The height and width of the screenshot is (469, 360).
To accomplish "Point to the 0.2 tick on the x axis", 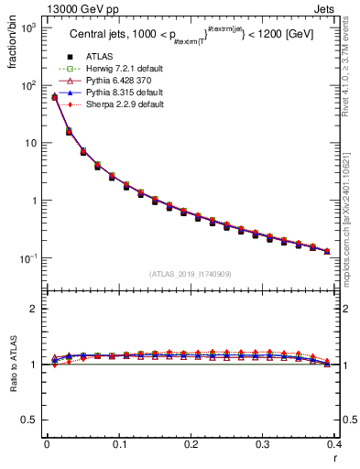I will click(191, 444).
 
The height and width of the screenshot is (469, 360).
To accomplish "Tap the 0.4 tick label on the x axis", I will click(334, 444).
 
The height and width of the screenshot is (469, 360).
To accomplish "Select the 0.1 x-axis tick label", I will click(118, 444).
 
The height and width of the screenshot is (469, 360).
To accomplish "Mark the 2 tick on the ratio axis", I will click(35, 309).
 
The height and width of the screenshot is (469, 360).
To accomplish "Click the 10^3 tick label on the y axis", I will click(28, 27).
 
